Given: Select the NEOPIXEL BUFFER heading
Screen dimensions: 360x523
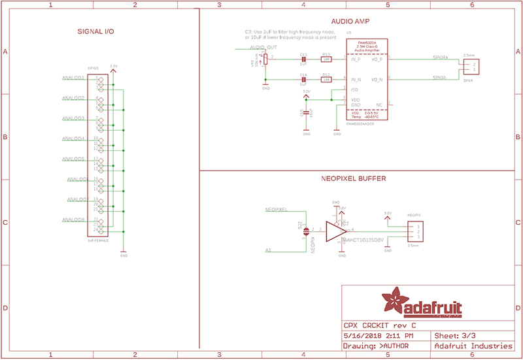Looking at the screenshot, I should pos(352,178).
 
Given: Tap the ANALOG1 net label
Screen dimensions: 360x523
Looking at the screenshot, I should pos(73,78).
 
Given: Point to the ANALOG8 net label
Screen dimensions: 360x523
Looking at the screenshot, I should pos(73,220).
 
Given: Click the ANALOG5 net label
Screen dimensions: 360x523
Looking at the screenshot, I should pos(73,159).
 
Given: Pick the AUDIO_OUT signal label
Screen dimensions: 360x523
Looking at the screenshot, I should pos(263,48).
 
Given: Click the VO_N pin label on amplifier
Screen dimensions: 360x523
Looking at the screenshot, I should pos(377,80).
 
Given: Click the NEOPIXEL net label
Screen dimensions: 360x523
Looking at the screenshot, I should pos(277,210).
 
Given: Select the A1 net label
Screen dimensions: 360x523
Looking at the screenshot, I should pos(268,250).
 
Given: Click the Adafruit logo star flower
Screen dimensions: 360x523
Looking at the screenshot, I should pos(396,301).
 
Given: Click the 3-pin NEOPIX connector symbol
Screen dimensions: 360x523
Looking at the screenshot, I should pos(414,231).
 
